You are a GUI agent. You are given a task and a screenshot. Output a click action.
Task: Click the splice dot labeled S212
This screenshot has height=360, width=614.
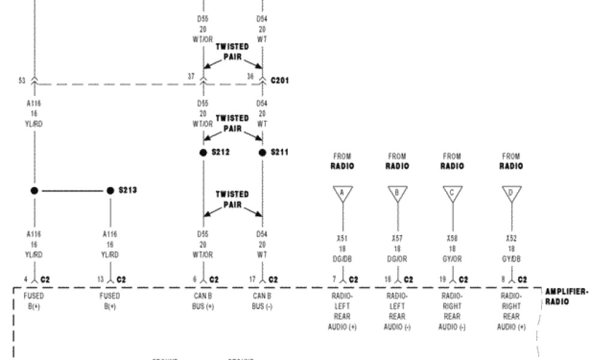[x=203, y=152]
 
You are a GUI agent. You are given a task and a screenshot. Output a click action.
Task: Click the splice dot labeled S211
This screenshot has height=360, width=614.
[x=262, y=152]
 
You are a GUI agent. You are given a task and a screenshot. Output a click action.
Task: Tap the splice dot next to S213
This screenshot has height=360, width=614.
[x=110, y=191]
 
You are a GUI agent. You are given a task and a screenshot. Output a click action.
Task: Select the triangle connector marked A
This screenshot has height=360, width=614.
[x=343, y=193]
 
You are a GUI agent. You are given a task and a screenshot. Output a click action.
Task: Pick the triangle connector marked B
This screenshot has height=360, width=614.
[x=397, y=193]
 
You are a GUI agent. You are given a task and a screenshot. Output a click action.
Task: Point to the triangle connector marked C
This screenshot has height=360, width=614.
[x=452, y=193]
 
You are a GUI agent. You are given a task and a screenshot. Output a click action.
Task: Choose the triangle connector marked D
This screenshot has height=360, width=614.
[x=511, y=193]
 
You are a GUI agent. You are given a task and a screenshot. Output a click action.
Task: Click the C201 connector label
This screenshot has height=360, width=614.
[x=280, y=79]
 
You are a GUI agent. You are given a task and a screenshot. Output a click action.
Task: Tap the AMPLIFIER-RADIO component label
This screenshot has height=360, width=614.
[x=566, y=296]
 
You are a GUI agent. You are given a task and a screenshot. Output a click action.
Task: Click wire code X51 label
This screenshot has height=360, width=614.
[x=343, y=238]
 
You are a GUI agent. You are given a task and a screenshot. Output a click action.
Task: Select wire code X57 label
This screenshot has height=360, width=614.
[x=397, y=238]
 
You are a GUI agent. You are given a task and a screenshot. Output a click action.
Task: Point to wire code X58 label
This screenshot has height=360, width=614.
[x=452, y=238]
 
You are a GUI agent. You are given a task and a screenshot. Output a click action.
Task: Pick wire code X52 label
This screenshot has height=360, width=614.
[x=511, y=238]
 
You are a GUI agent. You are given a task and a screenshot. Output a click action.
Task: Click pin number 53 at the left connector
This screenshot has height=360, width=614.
[x=22, y=79]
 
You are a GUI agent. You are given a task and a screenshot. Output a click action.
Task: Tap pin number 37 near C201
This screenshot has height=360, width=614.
[x=191, y=76]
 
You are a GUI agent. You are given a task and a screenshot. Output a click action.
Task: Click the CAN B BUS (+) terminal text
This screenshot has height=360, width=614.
[x=203, y=301]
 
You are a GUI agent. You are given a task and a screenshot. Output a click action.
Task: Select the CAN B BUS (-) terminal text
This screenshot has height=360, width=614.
[x=262, y=301]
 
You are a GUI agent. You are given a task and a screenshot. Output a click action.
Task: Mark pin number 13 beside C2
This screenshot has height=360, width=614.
[x=101, y=280]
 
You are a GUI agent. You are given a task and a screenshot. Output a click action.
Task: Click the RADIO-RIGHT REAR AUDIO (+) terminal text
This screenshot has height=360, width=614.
[x=511, y=311]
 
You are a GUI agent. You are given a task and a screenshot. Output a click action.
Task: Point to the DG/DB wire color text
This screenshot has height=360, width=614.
[x=343, y=258]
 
